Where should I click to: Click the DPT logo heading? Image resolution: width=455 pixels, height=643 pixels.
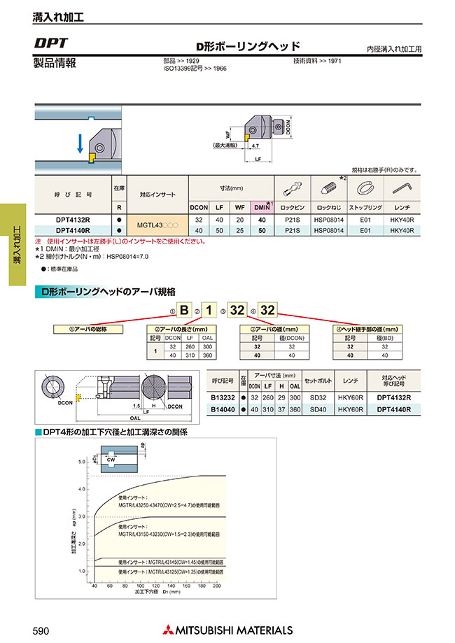point(50,43)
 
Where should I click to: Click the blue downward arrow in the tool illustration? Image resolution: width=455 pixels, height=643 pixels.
point(80,143)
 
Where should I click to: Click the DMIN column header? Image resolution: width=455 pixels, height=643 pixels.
point(262,208)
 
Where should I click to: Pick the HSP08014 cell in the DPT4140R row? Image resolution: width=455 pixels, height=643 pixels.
point(326,230)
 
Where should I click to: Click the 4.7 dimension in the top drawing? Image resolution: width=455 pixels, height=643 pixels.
point(254,146)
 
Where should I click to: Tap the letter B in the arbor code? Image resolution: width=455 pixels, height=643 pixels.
point(184,309)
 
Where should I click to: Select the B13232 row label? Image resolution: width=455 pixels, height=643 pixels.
point(223,397)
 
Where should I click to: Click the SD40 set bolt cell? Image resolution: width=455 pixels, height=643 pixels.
point(317,409)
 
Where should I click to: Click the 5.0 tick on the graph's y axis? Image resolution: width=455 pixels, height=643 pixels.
point(81,462)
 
